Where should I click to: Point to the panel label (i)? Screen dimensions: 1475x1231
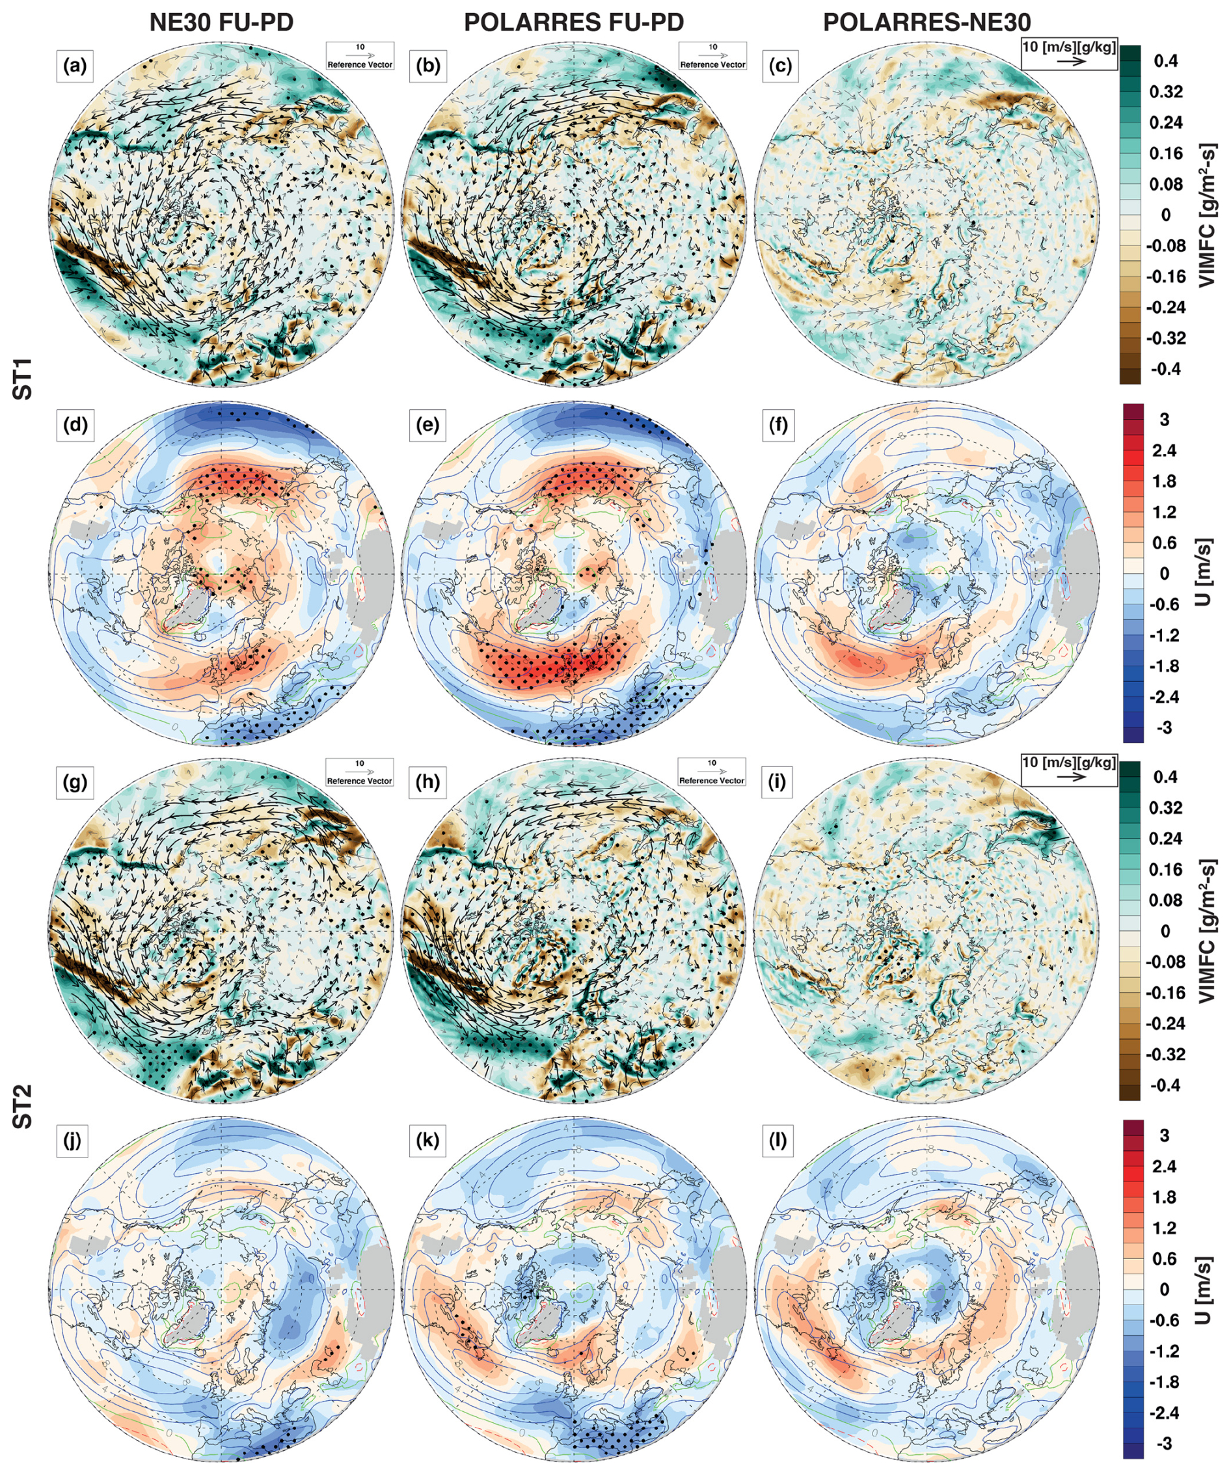click(778, 783)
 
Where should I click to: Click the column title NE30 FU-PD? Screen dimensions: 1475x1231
click(221, 23)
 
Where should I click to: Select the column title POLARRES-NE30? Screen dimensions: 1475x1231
click(927, 23)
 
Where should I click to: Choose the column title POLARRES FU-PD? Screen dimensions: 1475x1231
click(574, 23)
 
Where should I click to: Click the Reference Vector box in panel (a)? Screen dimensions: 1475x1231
click(360, 55)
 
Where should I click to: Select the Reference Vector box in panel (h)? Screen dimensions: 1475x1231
click(711, 771)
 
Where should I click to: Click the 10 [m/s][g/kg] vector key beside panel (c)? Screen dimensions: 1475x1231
click(1069, 53)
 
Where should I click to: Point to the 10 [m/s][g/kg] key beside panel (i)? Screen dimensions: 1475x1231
click(1069, 770)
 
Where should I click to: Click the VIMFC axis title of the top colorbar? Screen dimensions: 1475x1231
click(1208, 215)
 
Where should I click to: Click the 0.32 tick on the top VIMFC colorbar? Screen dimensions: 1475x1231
click(1166, 91)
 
